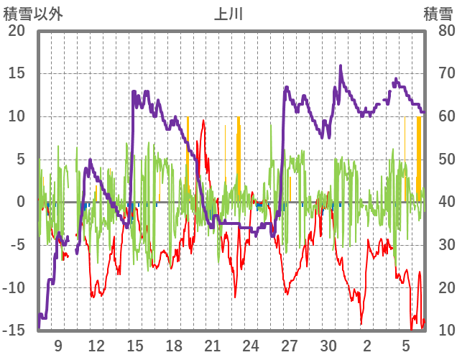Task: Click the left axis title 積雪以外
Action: pyautogui.click(x=33, y=13)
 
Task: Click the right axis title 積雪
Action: pyautogui.click(x=438, y=13)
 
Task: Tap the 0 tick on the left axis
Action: pyautogui.click(x=21, y=202)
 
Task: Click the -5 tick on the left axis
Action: pyautogui.click(x=17, y=245)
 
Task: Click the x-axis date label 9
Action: pyautogui.click(x=58, y=346)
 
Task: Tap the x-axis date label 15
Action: pyautogui.click(x=135, y=346)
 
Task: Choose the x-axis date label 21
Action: pyautogui.click(x=212, y=346)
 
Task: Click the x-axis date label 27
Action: pyautogui.click(x=290, y=346)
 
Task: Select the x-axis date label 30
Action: pyautogui.click(x=328, y=346)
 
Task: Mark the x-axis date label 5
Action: pyautogui.click(x=405, y=346)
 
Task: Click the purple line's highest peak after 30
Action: pyautogui.click(x=341, y=66)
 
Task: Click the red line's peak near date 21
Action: pyautogui.click(x=204, y=121)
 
